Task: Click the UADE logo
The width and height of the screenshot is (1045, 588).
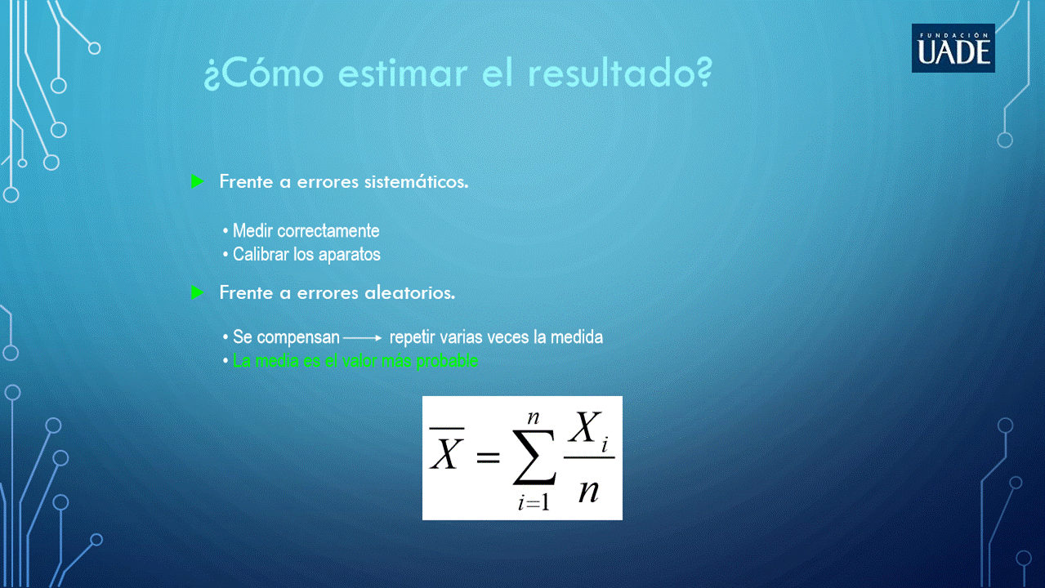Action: [953, 48]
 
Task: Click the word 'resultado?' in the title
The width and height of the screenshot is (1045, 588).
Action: [620, 73]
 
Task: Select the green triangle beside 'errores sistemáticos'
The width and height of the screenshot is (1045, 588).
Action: [198, 181]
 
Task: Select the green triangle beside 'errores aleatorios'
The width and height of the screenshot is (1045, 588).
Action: [198, 292]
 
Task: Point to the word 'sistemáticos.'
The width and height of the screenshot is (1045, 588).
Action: [416, 181]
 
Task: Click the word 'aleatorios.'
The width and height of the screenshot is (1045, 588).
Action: [409, 293]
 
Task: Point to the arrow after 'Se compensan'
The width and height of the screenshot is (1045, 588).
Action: [363, 338]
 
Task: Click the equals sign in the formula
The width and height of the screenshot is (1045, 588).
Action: [488, 457]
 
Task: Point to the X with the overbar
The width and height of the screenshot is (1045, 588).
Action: [446, 448]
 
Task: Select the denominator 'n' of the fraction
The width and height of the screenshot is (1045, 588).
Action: [588, 491]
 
